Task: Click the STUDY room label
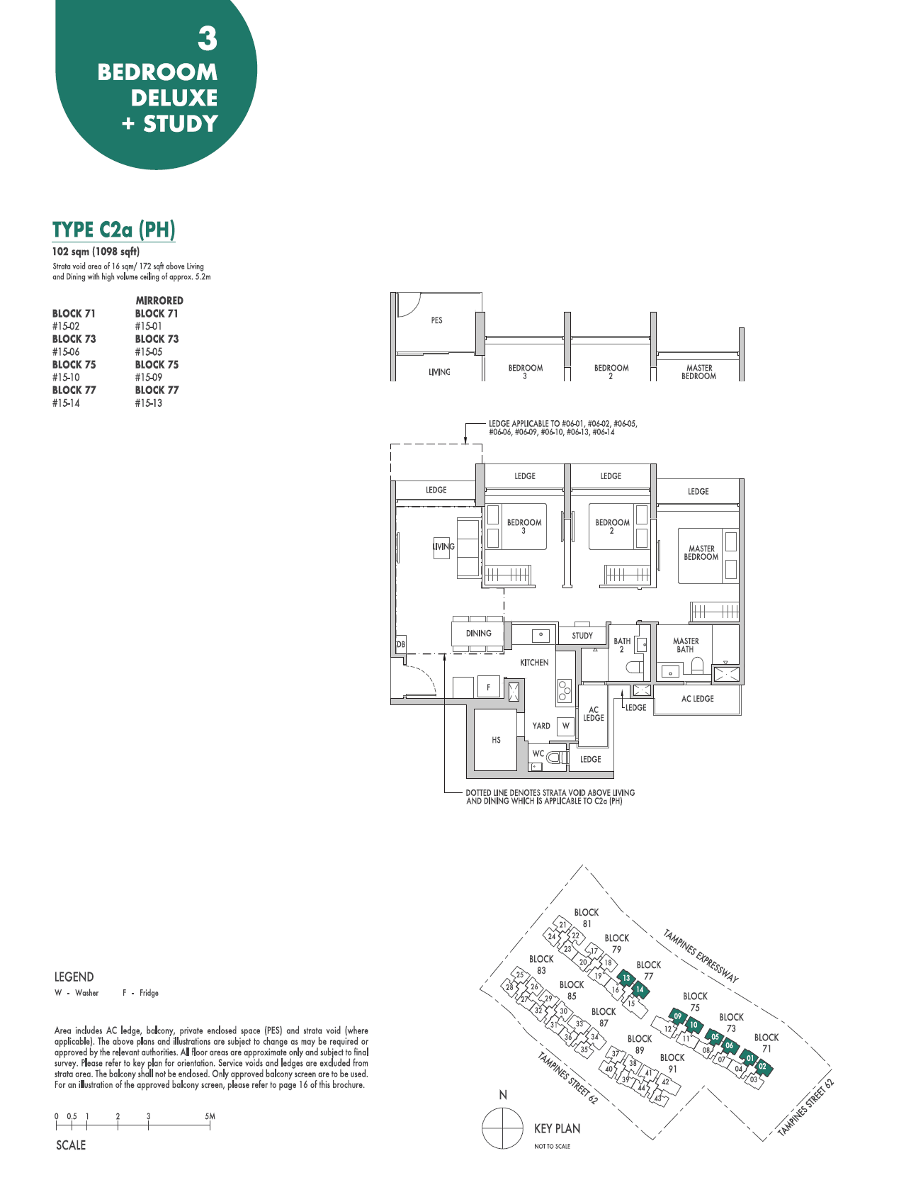pyautogui.click(x=582, y=636)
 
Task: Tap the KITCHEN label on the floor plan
pyautogui.click(x=534, y=663)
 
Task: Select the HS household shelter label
pyautogui.click(x=496, y=740)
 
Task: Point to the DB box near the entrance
pyautogui.click(x=400, y=644)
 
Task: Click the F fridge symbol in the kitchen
pyautogui.click(x=488, y=687)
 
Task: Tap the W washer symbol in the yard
pyautogui.click(x=565, y=726)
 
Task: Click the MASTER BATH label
pyautogui.click(x=686, y=645)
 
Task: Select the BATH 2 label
pyautogui.click(x=622, y=645)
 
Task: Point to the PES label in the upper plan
pyautogui.click(x=436, y=320)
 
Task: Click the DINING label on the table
pyautogui.click(x=478, y=634)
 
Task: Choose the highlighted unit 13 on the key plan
pyautogui.click(x=626, y=978)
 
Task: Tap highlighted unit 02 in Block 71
pyautogui.click(x=762, y=1067)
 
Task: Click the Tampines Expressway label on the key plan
pyautogui.click(x=701, y=955)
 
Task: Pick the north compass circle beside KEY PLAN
pyautogui.click(x=502, y=1128)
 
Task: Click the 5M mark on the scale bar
pyautogui.click(x=210, y=1116)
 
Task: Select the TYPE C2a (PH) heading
pyautogui.click(x=113, y=230)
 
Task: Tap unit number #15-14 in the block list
pyautogui.click(x=66, y=403)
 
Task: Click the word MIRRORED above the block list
pyautogui.click(x=159, y=300)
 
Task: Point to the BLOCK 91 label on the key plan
pyautogui.click(x=672, y=1063)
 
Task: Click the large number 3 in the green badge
pyautogui.click(x=207, y=39)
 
